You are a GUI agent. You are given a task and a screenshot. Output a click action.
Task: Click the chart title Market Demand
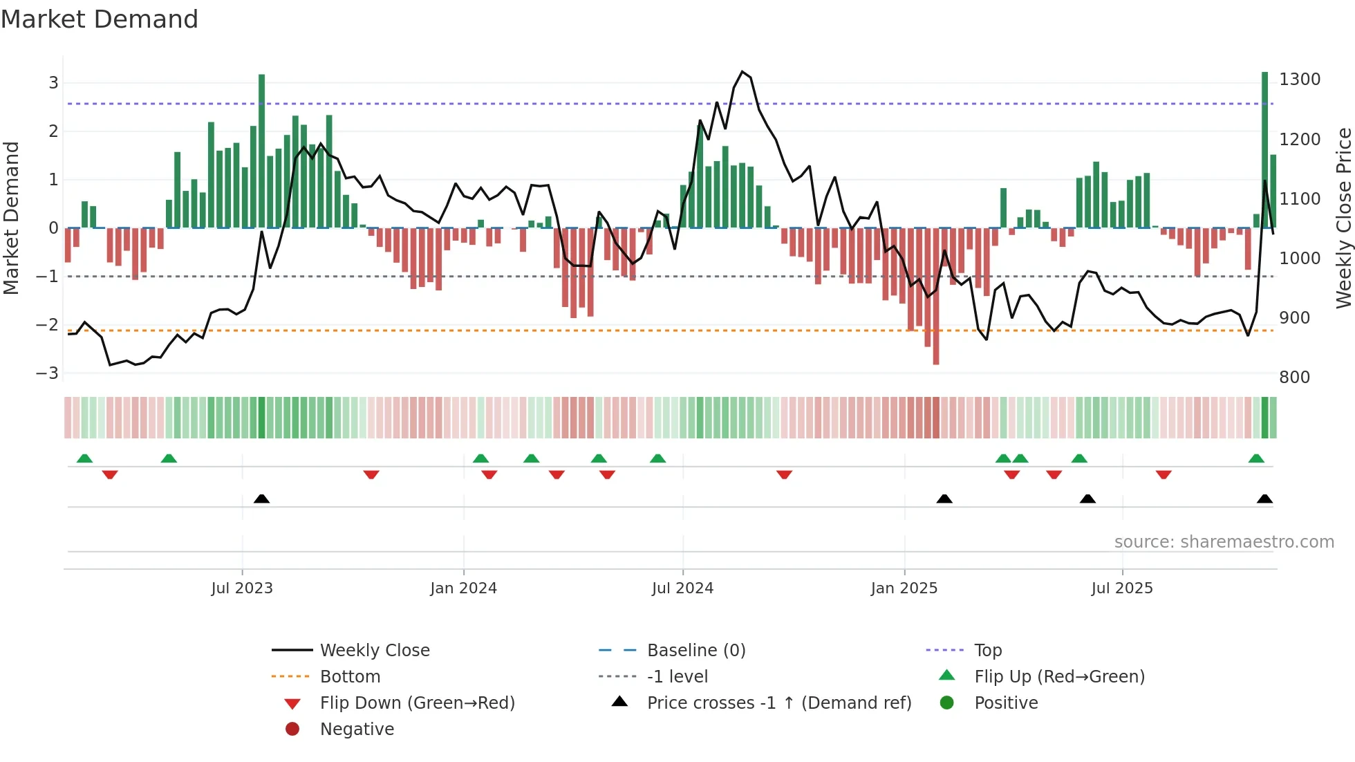click(100, 19)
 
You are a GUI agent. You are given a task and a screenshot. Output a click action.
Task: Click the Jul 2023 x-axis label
click(242, 588)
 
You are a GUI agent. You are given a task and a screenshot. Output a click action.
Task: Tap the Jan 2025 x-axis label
click(904, 588)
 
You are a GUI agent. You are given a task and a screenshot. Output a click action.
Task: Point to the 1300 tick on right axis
click(1299, 80)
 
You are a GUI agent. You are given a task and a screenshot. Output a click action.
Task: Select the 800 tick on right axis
click(1294, 378)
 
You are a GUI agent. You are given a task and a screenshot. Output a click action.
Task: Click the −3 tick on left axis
click(48, 373)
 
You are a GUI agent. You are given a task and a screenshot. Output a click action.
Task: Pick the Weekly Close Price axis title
click(1343, 218)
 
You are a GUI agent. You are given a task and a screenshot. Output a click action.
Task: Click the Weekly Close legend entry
click(374, 651)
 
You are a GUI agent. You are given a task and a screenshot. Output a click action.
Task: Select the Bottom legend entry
click(350, 677)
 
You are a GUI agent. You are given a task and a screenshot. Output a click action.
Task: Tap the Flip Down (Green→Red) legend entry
click(417, 703)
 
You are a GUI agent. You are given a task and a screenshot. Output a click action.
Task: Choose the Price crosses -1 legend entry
click(779, 703)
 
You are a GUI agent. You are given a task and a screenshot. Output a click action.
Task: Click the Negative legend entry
click(357, 730)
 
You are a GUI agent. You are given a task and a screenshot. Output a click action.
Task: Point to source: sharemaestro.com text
click(1224, 542)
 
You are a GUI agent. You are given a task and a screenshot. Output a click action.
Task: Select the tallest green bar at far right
click(1264, 149)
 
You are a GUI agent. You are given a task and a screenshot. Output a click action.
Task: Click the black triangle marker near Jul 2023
click(261, 499)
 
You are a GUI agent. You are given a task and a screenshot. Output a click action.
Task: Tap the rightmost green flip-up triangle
click(1256, 458)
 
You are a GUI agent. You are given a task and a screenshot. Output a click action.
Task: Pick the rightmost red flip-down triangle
click(1163, 474)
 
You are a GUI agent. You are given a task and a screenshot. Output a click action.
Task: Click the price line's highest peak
click(742, 72)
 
